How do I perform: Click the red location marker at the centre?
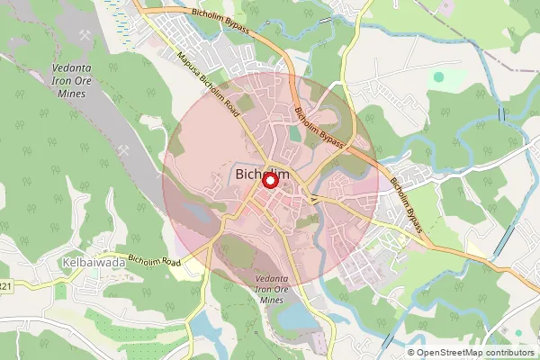tap(269, 181)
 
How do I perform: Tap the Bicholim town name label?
tap(263, 173)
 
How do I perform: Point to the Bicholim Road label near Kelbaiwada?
tap(154, 262)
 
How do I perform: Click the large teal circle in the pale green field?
tap(438, 76)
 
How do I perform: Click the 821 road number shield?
tap(5, 286)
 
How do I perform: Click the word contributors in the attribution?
tap(511, 352)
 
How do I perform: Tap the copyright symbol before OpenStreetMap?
tap(411, 352)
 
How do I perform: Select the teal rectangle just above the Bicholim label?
tap(295, 134)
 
